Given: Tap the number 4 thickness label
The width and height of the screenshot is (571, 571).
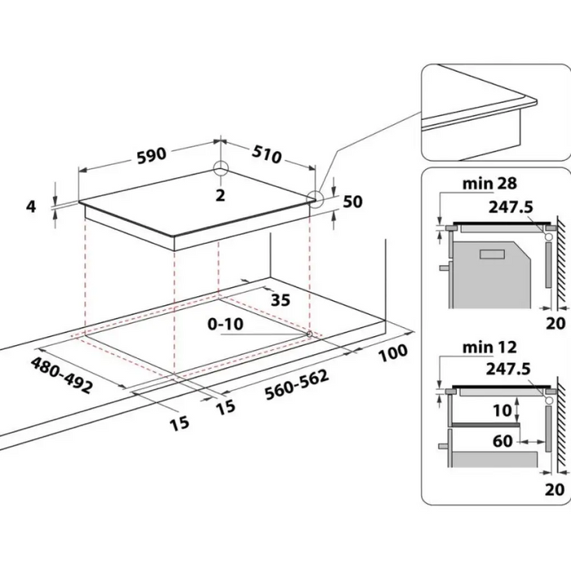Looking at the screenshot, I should tap(31, 206).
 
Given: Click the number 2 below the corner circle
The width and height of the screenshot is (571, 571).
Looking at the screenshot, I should tap(220, 193).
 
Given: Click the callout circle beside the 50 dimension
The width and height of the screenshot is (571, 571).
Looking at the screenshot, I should tap(315, 197).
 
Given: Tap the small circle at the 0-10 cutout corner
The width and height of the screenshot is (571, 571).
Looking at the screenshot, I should tap(310, 334).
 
